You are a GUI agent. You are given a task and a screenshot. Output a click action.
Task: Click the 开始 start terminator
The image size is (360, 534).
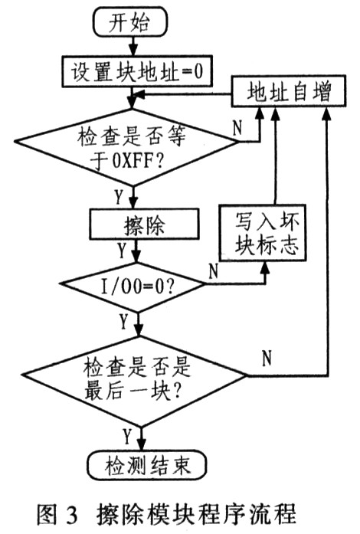click(x=130, y=21)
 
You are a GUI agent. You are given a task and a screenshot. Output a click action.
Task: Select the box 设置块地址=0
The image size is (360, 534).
click(x=137, y=71)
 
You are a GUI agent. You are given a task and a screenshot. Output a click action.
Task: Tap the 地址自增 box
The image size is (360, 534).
click(x=289, y=91)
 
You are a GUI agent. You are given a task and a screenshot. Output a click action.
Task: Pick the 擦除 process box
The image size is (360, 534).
click(x=144, y=224)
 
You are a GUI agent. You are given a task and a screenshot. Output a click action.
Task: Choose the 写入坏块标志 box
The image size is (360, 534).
click(x=262, y=233)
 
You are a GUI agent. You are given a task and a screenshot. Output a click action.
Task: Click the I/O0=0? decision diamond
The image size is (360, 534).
click(x=133, y=286)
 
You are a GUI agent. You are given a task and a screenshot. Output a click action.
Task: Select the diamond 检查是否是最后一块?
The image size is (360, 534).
click(x=135, y=381)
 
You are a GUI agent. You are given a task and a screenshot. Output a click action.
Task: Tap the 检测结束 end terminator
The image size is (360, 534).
click(x=148, y=466)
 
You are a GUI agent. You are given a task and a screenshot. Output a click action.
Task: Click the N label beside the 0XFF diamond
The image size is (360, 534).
click(x=237, y=128)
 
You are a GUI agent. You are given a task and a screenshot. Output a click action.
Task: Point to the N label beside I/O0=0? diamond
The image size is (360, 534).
click(x=213, y=270)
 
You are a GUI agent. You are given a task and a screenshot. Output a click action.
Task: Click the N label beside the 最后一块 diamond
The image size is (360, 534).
click(x=267, y=358)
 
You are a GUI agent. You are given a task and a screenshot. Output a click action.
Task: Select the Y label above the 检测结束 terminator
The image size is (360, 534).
click(x=127, y=436)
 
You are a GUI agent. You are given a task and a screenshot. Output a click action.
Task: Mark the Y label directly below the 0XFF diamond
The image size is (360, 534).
click(x=118, y=196)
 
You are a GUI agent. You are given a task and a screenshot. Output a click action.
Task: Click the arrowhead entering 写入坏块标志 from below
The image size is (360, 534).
click(x=265, y=269)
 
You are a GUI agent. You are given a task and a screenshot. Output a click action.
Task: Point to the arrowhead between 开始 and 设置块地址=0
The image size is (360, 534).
click(x=133, y=50)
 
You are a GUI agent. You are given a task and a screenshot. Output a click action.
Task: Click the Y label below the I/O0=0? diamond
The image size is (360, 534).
click(x=123, y=321)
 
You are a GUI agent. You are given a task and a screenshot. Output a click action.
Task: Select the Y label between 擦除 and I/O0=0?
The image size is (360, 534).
click(x=122, y=251)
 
